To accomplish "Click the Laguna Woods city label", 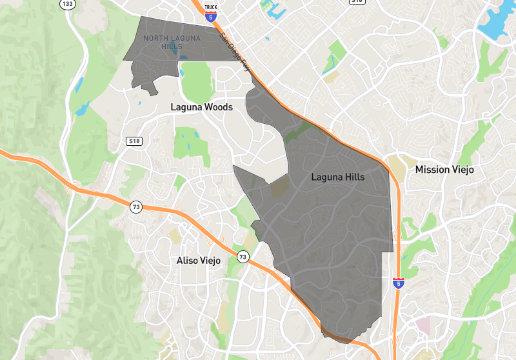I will [x=201, y=106].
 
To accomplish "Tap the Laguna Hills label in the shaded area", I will [x=337, y=177].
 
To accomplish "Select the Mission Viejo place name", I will [x=444, y=170].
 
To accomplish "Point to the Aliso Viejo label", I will [x=198, y=261].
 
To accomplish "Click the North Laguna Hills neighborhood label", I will [x=172, y=43].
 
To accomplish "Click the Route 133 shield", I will [x=67, y=4].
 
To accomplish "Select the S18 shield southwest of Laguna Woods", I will [x=134, y=141].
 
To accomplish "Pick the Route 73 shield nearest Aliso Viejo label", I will [x=242, y=255].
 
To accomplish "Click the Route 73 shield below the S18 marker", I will [x=135, y=207].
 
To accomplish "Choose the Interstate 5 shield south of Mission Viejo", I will [x=399, y=283].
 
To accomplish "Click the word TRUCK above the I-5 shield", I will [x=210, y=7].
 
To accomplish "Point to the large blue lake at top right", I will [x=497, y=23].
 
